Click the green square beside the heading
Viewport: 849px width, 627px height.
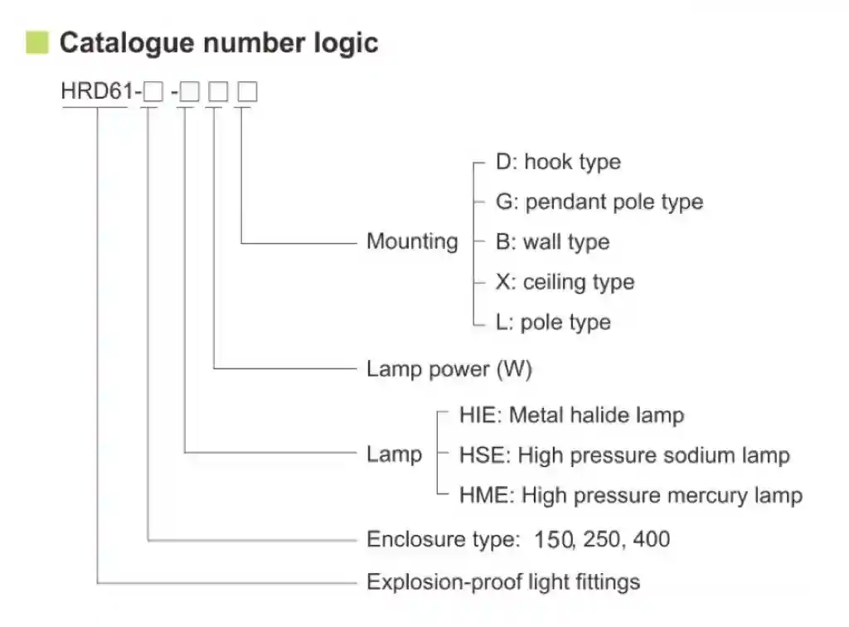point(37,42)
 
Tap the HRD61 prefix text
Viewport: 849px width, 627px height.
point(94,91)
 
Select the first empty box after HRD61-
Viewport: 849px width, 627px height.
point(153,92)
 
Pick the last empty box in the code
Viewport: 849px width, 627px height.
point(247,92)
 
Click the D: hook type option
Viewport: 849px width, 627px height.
point(558,162)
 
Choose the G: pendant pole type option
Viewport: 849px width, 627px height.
point(599,202)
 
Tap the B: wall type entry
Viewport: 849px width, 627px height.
point(552,242)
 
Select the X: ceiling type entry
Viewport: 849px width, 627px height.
point(565,282)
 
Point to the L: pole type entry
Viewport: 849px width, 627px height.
point(553,322)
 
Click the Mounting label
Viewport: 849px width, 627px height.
point(412,242)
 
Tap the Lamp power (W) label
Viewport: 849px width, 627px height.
point(449,369)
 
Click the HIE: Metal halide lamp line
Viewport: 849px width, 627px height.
point(571,415)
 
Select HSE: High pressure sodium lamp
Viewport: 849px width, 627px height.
point(623,455)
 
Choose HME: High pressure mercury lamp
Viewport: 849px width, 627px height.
point(630,496)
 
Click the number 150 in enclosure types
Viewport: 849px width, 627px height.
point(554,540)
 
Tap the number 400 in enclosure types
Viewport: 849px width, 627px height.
point(652,540)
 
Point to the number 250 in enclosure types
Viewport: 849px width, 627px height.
point(603,540)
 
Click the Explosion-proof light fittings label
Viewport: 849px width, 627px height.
point(503,581)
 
